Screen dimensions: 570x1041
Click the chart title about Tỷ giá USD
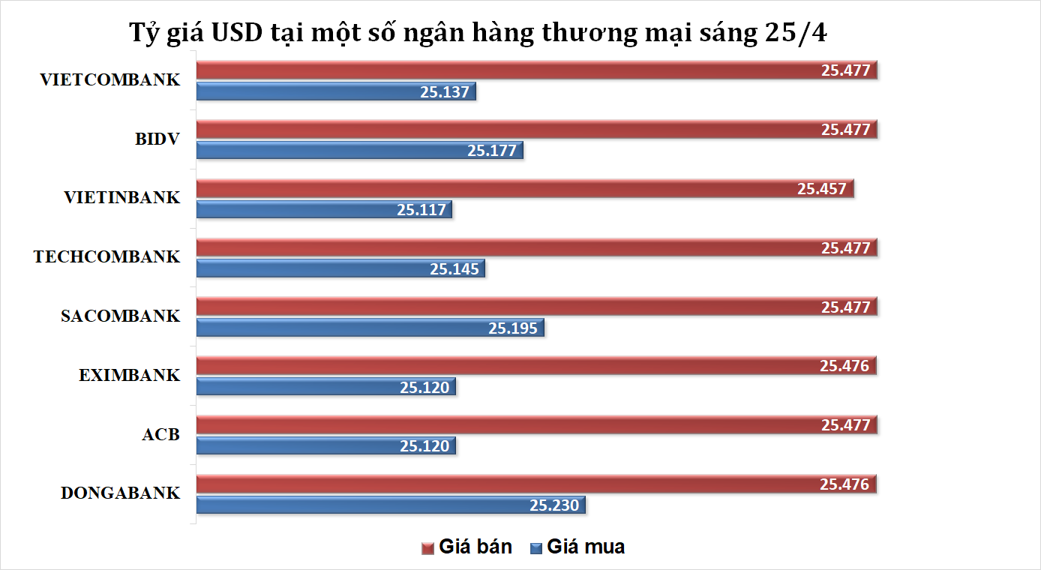[x=478, y=34]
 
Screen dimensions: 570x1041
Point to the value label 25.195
[x=513, y=328]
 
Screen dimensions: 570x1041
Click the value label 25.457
[x=822, y=188]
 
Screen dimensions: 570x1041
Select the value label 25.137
[x=445, y=91]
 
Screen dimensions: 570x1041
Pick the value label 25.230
[x=554, y=505]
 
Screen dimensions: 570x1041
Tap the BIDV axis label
[x=157, y=139]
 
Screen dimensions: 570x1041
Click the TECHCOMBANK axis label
[x=106, y=257]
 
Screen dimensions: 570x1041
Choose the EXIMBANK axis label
[x=129, y=375]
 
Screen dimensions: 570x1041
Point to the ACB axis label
[x=160, y=434]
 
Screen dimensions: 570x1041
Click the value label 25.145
[x=454, y=268]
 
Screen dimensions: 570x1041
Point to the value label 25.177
[x=492, y=150]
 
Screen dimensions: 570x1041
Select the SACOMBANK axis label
[x=120, y=316]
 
